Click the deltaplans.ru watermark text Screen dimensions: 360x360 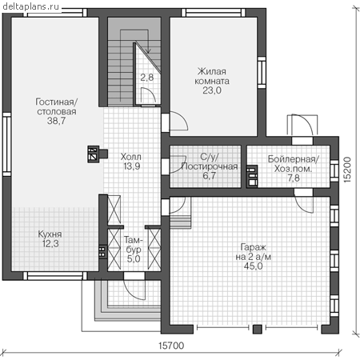(x=30, y=6)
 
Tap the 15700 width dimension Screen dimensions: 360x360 (x=171, y=346)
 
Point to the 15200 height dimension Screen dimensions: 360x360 (x=347, y=170)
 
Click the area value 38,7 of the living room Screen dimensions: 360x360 (x=56, y=121)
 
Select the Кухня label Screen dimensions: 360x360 (x=50, y=234)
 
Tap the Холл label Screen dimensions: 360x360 (x=130, y=157)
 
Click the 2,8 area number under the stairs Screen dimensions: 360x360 (x=147, y=78)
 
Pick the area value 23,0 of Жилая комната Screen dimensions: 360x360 (x=212, y=90)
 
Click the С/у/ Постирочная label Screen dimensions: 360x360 (x=210, y=162)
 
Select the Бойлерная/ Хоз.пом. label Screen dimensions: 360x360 (x=294, y=164)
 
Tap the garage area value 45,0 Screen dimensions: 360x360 (x=253, y=266)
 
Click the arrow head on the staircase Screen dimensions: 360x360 (x=148, y=50)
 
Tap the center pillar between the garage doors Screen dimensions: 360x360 (x=257, y=329)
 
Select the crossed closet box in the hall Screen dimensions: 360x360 (x=114, y=210)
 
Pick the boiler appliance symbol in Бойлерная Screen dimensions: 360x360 (x=252, y=177)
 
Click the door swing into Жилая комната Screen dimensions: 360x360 (x=179, y=122)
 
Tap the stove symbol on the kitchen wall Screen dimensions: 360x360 (x=103, y=252)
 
